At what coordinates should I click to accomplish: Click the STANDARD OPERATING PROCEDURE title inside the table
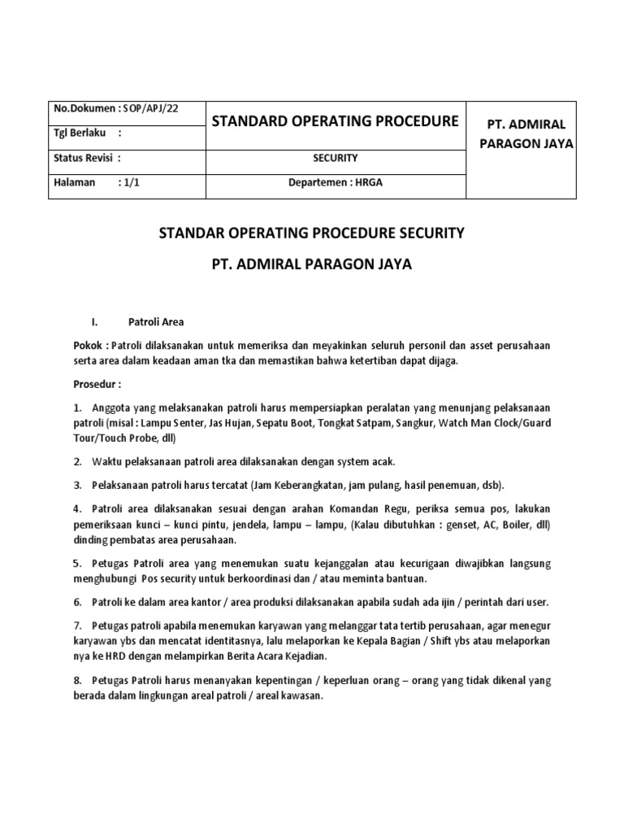[x=336, y=122]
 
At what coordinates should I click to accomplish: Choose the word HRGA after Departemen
[x=368, y=182]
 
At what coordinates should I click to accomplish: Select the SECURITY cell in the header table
[x=335, y=158]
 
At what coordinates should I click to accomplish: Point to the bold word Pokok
[x=88, y=345]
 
